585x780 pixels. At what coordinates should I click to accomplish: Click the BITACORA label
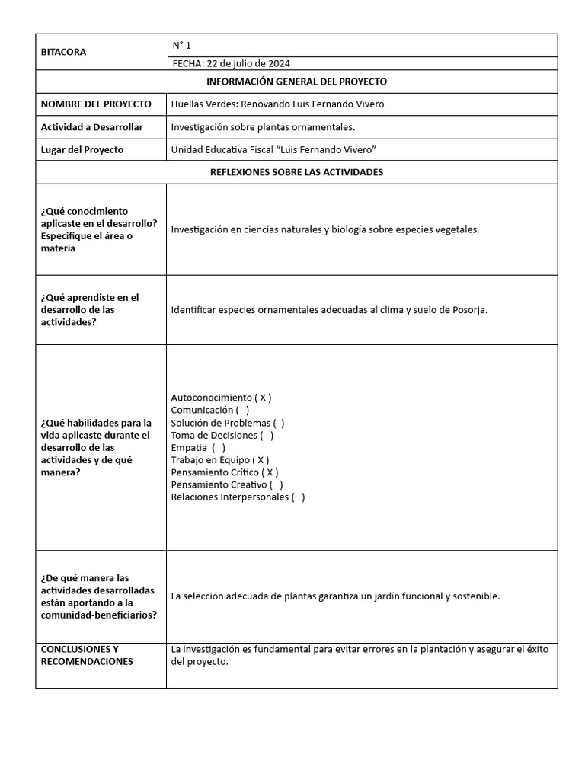63,52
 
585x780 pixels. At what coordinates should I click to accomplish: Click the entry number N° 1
181,45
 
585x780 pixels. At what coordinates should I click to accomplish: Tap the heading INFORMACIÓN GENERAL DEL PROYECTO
296,81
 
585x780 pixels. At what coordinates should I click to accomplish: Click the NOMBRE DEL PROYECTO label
95,104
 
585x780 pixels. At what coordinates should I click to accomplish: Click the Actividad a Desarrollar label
91,126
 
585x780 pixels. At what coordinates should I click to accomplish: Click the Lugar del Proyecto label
82,149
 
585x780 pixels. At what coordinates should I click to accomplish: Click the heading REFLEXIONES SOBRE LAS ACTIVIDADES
296,172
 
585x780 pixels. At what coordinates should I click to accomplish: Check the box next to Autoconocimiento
263,398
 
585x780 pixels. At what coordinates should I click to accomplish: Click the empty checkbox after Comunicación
242,410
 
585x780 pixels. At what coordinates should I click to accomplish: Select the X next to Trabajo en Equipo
261,460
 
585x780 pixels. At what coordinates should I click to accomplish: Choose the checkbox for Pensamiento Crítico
270,472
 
